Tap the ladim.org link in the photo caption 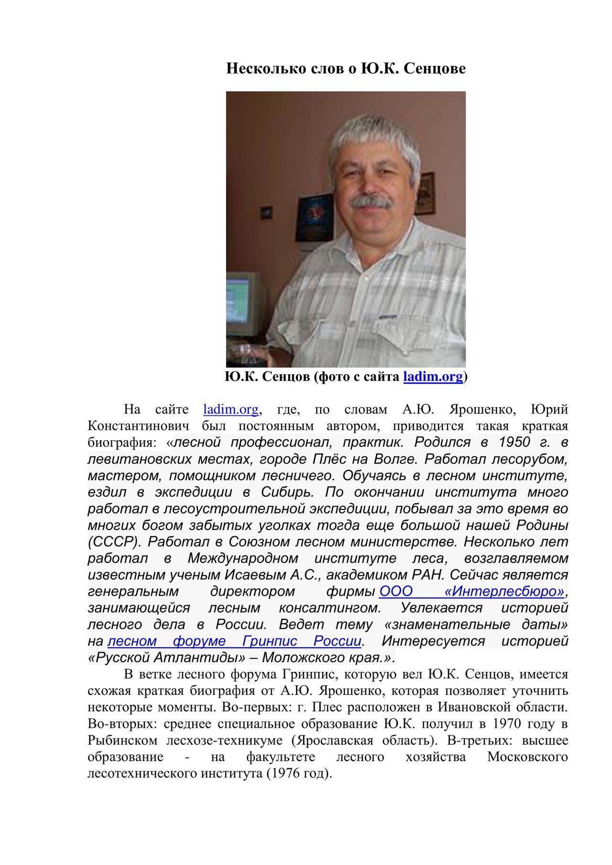point(433,377)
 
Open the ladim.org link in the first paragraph point(231,410)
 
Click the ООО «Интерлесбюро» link point(472,592)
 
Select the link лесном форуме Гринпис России point(235,641)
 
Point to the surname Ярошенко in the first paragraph point(481,410)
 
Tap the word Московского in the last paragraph point(527,757)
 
